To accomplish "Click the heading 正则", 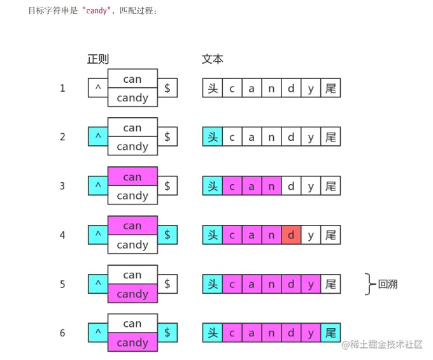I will tap(98, 59).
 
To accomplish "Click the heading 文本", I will tap(213, 59).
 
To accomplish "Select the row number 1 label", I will tap(62, 88).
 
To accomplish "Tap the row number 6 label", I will tap(62, 333).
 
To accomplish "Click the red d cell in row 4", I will tap(291, 235).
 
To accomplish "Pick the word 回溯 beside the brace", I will tap(388, 284).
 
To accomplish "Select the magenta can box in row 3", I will tap(132, 176).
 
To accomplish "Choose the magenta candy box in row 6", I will tap(132, 343).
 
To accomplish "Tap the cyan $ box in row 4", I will tap(167, 235).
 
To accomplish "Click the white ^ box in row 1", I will tap(98, 88).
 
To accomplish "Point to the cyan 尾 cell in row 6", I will tap(330, 333).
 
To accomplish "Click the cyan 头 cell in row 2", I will tap(213, 137).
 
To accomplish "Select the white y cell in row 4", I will tap(311, 235).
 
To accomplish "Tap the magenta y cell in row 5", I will tap(311, 284).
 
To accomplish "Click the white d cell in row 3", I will tap(291, 186).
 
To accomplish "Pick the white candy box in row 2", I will tap(132, 147).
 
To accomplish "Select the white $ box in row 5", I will tap(167, 284).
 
